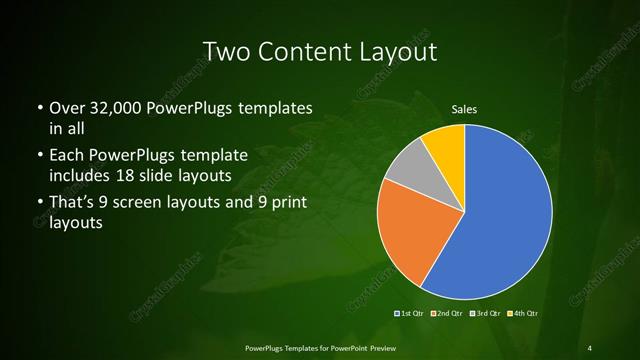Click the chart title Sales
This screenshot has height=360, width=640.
464,109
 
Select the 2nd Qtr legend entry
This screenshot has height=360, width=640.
447,314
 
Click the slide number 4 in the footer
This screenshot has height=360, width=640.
590,347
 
